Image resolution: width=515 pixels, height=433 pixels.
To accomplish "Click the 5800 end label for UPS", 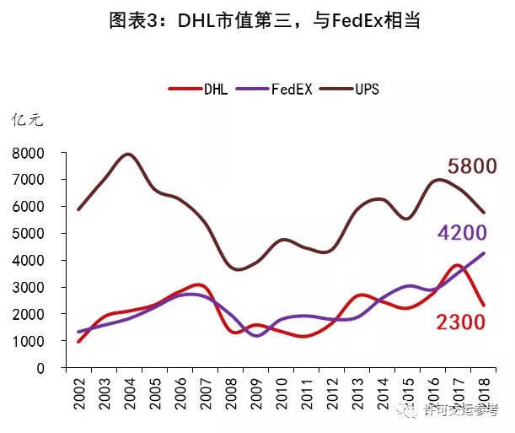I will (x=472, y=166).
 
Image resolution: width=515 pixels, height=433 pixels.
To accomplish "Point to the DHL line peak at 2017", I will (x=455, y=266).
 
